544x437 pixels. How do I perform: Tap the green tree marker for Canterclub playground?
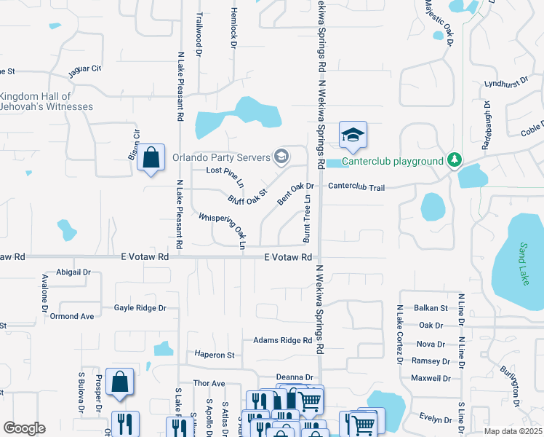coord(455,159)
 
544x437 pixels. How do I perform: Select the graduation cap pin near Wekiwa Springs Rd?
coord(353,135)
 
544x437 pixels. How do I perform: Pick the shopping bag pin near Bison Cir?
coord(150,157)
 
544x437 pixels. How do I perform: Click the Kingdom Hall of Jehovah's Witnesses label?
coord(47,101)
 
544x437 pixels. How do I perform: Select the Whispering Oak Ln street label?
coord(223,228)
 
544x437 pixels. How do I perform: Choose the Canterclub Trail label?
coord(356,187)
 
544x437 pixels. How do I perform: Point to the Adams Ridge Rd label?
coord(282,340)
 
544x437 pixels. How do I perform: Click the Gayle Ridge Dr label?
coord(140,308)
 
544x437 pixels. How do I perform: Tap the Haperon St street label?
coord(215,355)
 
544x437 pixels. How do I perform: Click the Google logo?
coord(24,428)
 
